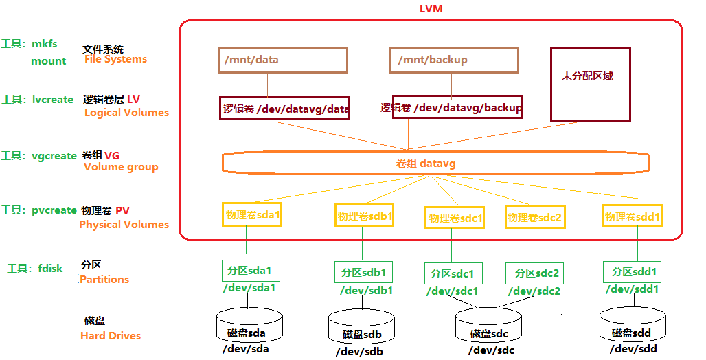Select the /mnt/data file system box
(x=283, y=60)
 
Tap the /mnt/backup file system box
(x=454, y=60)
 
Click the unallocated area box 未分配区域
(x=590, y=84)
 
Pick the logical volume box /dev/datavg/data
(x=284, y=108)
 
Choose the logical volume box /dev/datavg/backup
(x=457, y=107)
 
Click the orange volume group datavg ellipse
(x=435, y=163)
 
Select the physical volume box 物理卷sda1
(x=253, y=214)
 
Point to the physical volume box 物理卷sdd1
(x=633, y=216)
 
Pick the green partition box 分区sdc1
(x=453, y=273)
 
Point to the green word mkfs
(x=44, y=44)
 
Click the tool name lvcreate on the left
(x=52, y=99)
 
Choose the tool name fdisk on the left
(x=50, y=268)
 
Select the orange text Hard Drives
(x=110, y=336)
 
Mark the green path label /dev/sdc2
(x=535, y=291)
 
